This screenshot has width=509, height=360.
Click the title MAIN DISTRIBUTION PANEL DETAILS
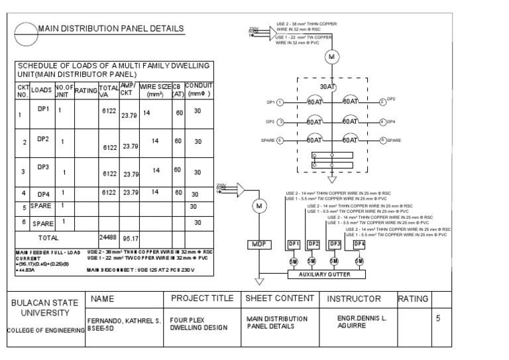point(110,29)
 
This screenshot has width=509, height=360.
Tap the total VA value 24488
point(108,235)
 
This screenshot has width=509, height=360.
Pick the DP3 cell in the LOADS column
point(44,167)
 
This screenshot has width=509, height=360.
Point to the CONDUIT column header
point(198,90)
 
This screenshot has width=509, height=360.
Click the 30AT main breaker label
point(327,86)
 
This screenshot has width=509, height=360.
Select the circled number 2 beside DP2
point(382,102)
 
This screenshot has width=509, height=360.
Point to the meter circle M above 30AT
point(331,58)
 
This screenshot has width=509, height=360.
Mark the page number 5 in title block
point(437,319)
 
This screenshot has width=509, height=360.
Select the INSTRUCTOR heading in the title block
point(354,299)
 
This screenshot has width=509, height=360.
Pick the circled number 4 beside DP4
point(382,122)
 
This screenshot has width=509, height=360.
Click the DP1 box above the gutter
point(294,244)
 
